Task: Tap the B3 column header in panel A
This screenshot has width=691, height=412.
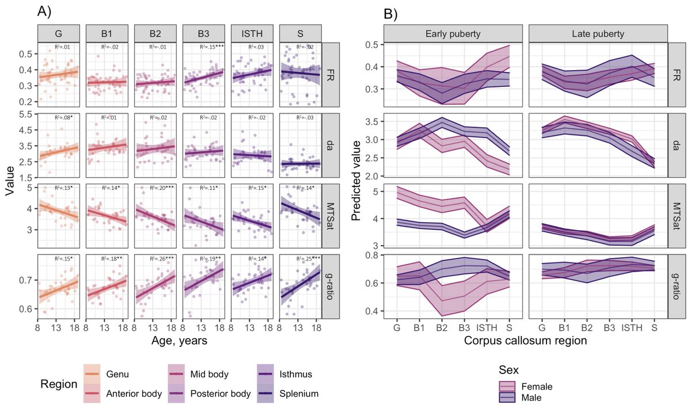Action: pos(203,33)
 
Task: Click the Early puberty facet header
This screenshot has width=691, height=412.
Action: pos(447,33)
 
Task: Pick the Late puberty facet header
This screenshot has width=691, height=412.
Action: pos(598,33)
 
